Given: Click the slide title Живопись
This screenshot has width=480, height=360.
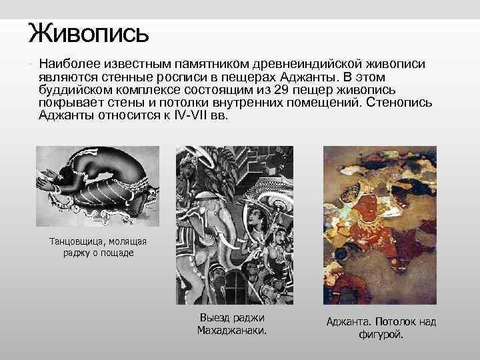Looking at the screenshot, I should click(x=89, y=31).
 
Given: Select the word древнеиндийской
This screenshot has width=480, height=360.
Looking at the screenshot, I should click(x=311, y=63).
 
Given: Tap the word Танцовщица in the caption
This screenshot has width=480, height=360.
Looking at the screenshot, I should click(x=74, y=241).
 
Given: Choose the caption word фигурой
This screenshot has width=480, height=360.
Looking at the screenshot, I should click(x=381, y=334).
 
